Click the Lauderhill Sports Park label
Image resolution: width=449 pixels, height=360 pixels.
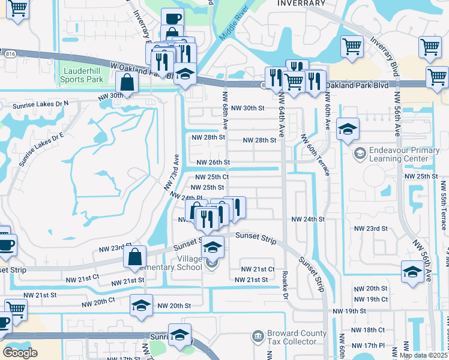point(83,75)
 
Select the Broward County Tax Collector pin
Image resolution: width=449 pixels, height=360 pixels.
point(257,335)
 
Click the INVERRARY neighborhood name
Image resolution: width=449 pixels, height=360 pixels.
point(301,3)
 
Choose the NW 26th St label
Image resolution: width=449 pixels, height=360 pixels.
point(214,163)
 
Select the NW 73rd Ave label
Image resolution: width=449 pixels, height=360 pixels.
point(172,173)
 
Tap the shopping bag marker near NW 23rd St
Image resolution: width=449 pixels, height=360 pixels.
point(134,256)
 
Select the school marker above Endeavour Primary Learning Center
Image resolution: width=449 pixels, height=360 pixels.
point(348,130)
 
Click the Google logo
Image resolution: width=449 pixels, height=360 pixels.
point(20,353)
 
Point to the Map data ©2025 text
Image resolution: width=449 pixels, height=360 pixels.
point(423,355)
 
